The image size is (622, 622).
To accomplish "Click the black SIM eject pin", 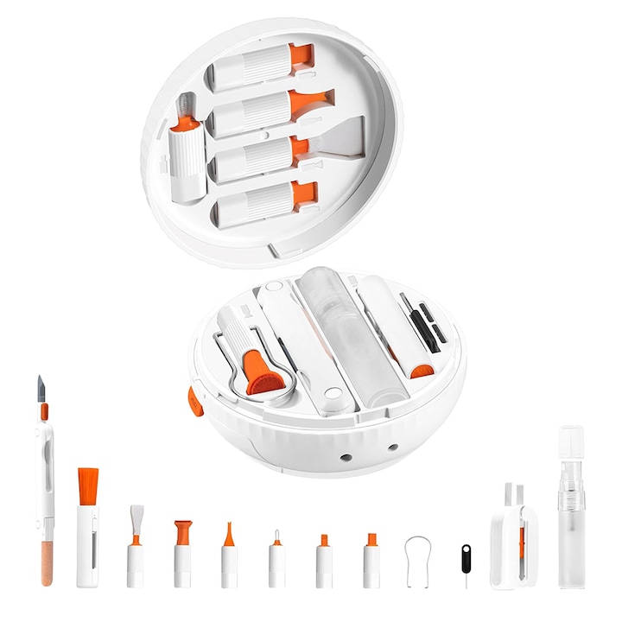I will (x=466, y=557).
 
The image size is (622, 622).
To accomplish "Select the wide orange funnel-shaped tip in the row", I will (x=182, y=531).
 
